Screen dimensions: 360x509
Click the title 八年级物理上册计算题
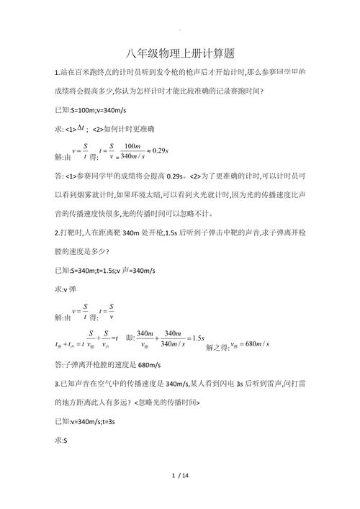point(180,53)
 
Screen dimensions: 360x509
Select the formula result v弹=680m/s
point(249,344)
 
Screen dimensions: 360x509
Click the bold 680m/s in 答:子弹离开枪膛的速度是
point(158,365)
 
